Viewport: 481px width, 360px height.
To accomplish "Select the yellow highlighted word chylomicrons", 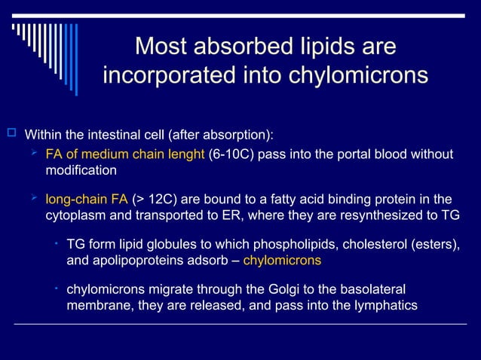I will [x=282, y=260].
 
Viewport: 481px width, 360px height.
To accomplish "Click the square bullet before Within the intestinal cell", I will [x=11, y=134].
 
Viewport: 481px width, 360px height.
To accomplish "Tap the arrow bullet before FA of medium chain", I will [x=33, y=154].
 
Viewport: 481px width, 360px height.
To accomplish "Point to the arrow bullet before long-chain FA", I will [x=33, y=199].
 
